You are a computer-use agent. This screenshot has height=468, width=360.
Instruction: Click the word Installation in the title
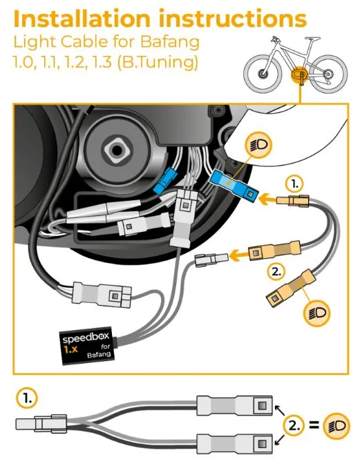click(82, 19)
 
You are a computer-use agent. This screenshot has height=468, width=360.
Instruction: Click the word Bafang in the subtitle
click(170, 41)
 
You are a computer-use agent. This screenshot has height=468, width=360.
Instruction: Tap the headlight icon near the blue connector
click(258, 144)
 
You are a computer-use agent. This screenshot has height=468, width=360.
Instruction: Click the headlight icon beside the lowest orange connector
click(316, 313)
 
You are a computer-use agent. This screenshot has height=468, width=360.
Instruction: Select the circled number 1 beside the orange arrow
click(294, 185)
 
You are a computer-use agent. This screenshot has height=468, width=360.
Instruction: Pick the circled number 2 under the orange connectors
click(276, 271)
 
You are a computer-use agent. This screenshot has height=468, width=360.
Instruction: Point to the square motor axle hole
click(116, 149)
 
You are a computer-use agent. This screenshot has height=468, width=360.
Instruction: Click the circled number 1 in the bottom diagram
click(28, 398)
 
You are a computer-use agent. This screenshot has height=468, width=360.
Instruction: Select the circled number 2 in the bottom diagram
click(293, 425)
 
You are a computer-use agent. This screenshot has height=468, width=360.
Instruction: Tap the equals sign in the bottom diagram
click(314, 425)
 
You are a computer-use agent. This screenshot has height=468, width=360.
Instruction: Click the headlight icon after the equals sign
click(337, 425)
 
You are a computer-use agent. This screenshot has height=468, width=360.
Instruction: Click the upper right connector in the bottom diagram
click(234, 405)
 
